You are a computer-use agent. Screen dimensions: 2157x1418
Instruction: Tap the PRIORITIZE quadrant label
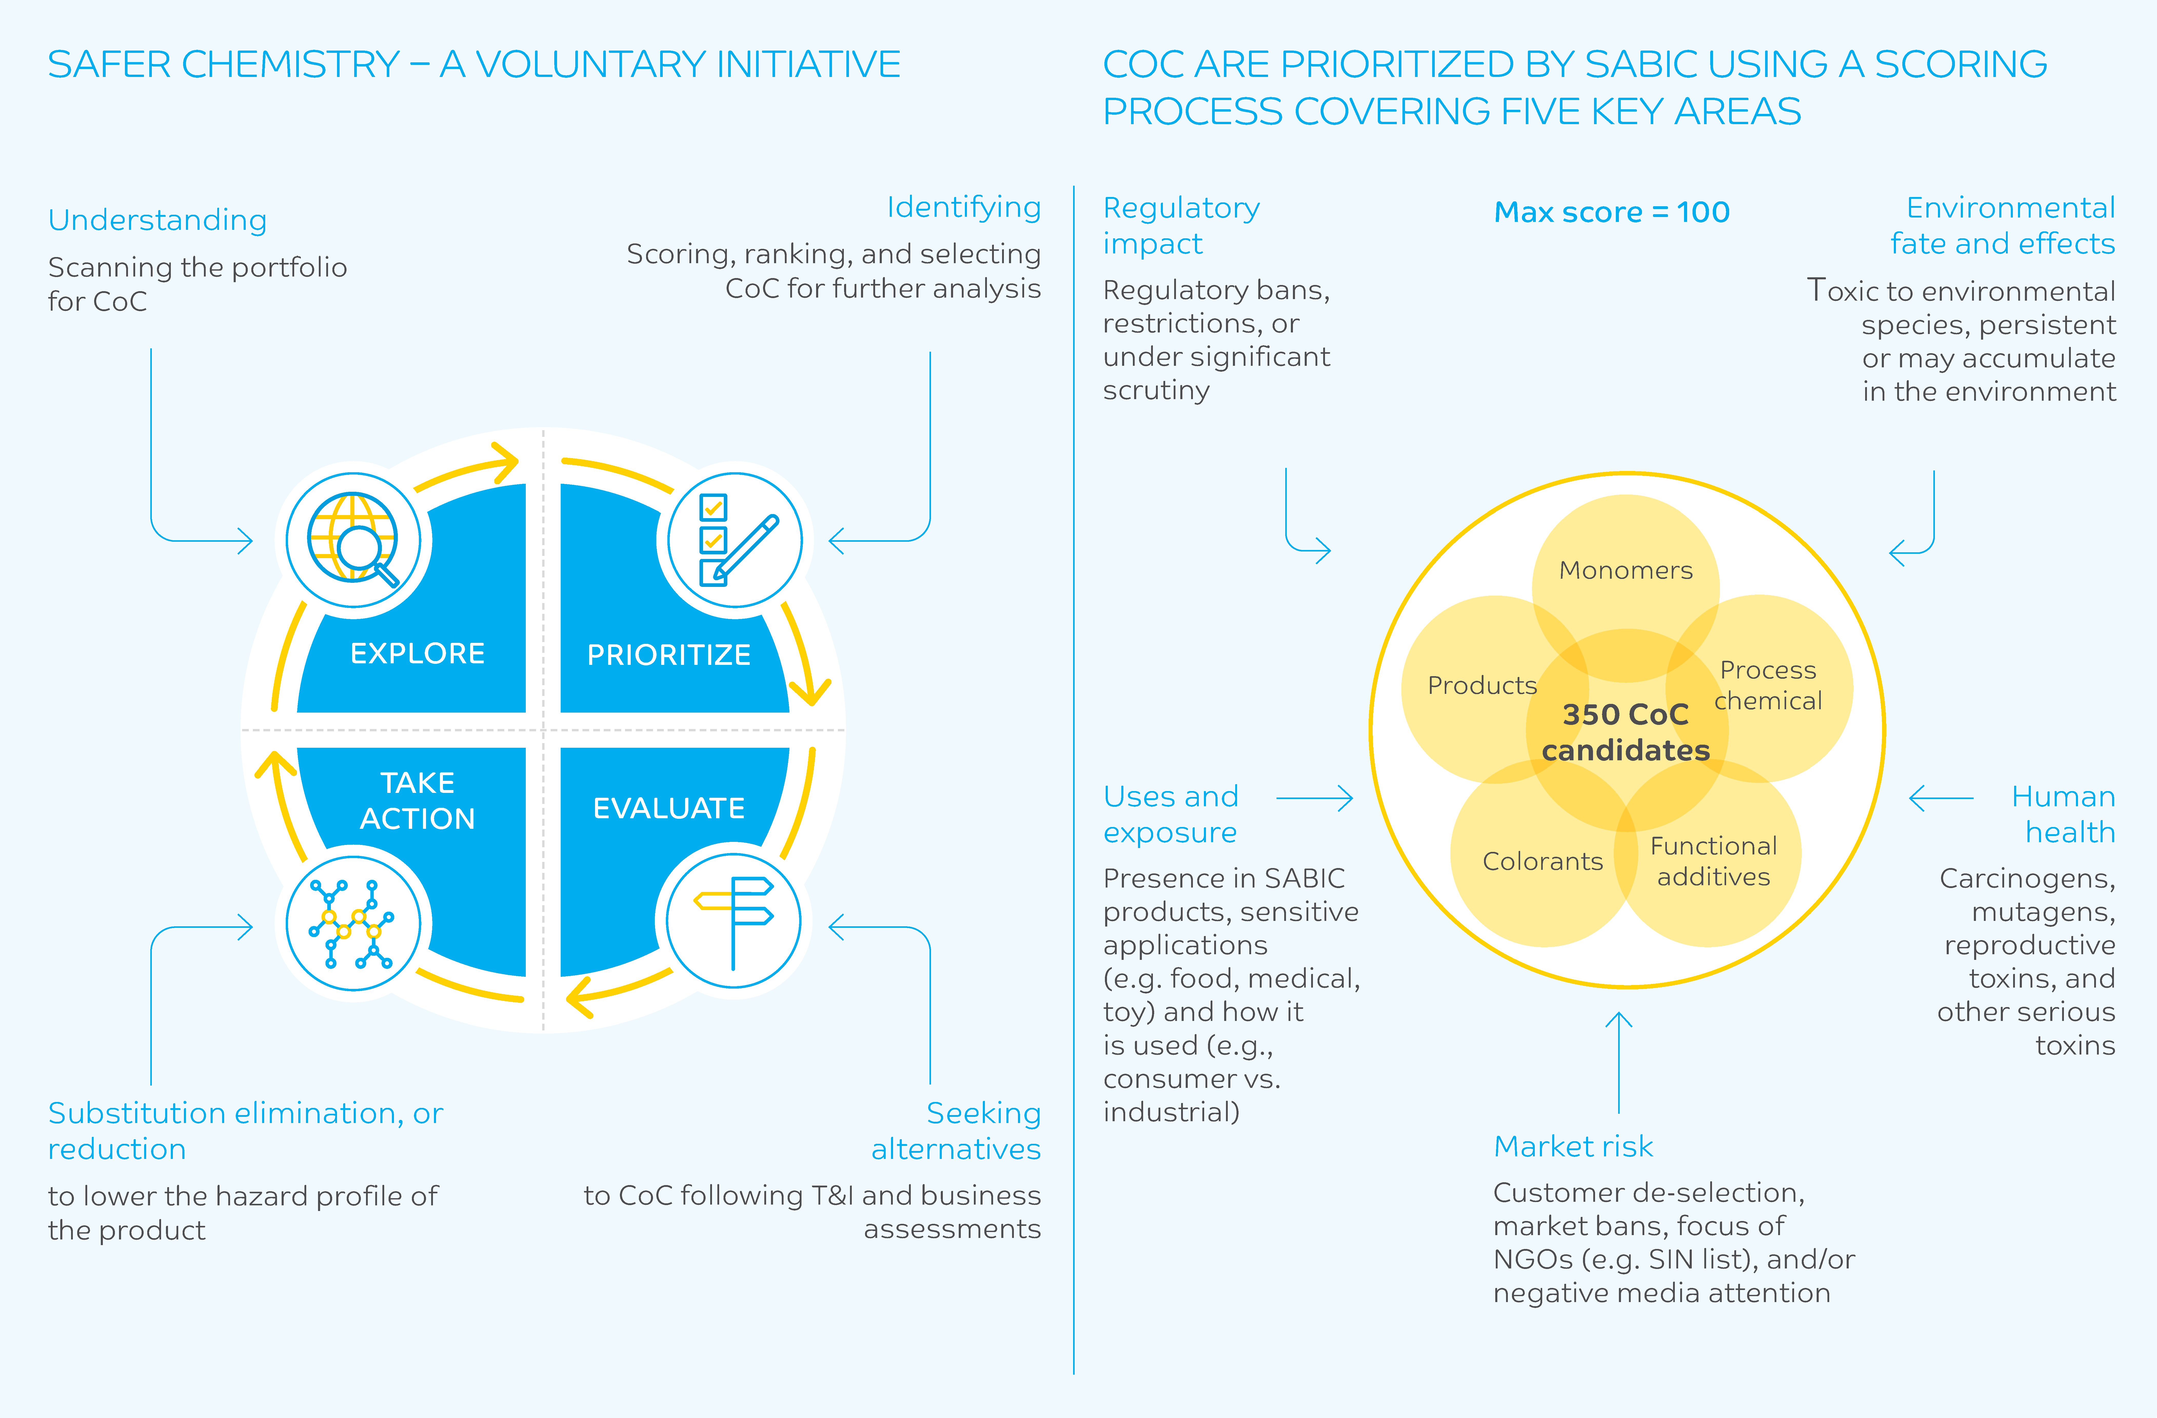pyautogui.click(x=669, y=655)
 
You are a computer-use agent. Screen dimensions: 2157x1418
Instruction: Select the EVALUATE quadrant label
pyautogui.click(x=669, y=808)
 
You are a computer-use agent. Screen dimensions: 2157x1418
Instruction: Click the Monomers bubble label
pyautogui.click(x=1626, y=570)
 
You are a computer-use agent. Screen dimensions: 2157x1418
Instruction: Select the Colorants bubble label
pyautogui.click(x=1542, y=861)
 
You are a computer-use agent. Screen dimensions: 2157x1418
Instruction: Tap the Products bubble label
pyautogui.click(x=1482, y=685)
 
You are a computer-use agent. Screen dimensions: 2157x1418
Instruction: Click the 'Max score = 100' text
pyautogui.click(x=1611, y=212)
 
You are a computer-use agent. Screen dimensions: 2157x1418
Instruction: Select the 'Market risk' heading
pyautogui.click(x=1573, y=1147)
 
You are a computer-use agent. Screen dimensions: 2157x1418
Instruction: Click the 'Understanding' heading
pyautogui.click(x=158, y=220)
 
